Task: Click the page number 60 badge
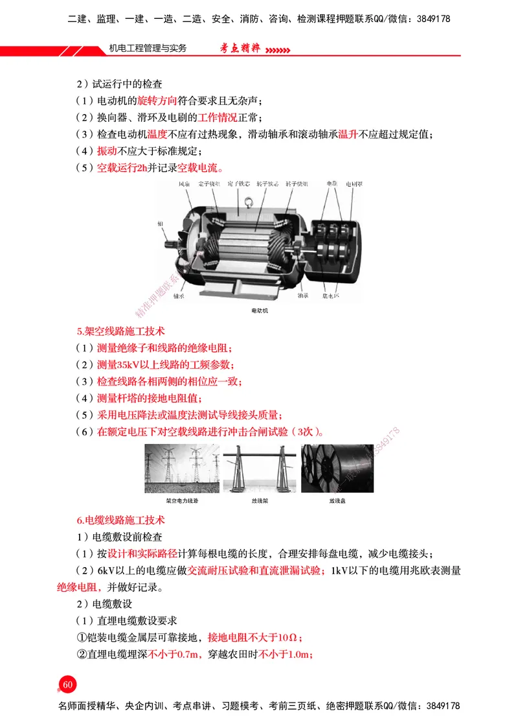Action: [68, 685]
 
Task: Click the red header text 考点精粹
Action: [238, 49]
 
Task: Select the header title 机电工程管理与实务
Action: [148, 49]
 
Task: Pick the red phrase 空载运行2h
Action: [122, 168]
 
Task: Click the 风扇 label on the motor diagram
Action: [185, 185]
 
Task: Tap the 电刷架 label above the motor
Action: [354, 185]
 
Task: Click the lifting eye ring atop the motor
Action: [247, 207]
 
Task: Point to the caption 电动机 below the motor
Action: [259, 311]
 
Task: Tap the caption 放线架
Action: [260, 501]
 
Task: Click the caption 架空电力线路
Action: [181, 501]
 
